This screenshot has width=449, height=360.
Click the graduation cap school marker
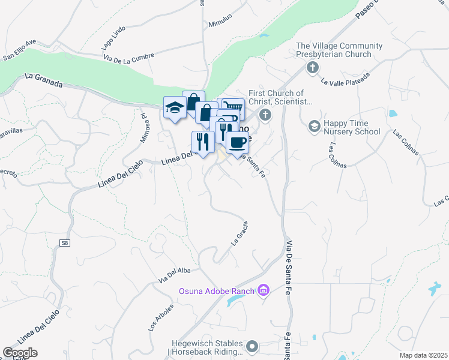174,108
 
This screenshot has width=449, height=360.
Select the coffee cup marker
237,143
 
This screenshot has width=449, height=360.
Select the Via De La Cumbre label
128,58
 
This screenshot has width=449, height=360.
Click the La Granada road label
44,81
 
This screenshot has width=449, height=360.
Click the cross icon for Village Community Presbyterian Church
312,67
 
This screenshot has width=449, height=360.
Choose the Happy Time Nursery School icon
313,127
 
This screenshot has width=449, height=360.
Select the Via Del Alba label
174,274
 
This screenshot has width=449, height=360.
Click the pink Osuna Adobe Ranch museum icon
262,291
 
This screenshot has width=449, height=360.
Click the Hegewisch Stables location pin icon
253,346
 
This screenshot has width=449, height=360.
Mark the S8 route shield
64,243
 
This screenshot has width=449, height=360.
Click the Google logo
20,353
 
